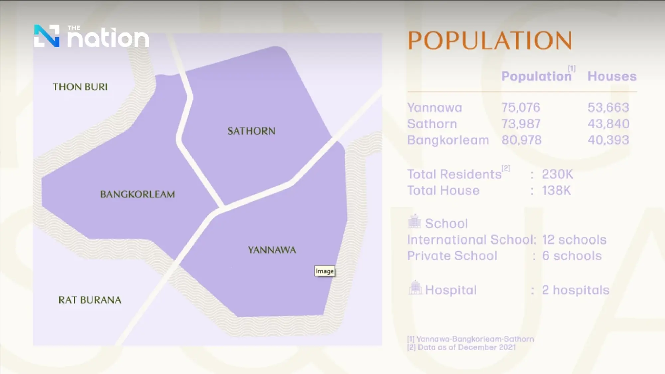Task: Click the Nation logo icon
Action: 47,36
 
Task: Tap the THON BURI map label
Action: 80,87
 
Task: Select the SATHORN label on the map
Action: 251,131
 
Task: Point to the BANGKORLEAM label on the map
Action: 137,194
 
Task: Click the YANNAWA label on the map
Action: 272,250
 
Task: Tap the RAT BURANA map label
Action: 90,300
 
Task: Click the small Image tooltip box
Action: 325,271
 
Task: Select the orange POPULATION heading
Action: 489,41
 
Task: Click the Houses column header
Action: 612,76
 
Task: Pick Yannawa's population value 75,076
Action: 521,108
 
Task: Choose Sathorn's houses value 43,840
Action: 608,124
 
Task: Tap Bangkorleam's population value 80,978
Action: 521,140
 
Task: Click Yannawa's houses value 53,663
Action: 608,108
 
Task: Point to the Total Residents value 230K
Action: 557,174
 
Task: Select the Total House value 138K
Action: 556,190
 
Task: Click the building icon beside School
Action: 414,221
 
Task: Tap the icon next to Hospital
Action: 415,288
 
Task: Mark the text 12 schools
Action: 574,240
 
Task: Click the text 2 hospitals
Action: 576,290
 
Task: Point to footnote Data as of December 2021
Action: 466,347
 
